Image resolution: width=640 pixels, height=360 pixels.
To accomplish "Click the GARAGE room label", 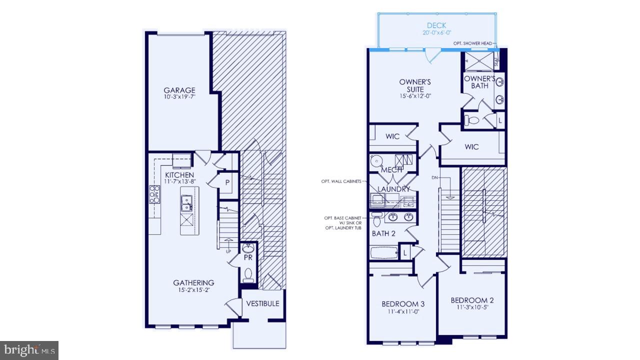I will pos(179,90).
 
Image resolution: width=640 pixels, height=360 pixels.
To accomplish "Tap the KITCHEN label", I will pos(179,175).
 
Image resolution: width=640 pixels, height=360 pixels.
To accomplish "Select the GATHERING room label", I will pos(193,282).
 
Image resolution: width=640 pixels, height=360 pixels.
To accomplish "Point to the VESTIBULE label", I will pos(262,303).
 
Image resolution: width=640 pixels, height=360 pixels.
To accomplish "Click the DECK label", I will pos(436,25).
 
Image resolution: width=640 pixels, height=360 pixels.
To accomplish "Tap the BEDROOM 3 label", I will pos(403,303).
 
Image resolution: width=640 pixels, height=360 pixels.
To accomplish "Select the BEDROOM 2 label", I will pos(472,300).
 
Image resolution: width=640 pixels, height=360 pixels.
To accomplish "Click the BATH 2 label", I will pos(383,233).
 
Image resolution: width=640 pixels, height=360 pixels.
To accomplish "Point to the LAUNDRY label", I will pos(393,189).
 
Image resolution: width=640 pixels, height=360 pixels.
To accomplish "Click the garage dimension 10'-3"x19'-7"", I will pos(179,97).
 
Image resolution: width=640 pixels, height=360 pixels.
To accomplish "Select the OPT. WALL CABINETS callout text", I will pos(342,181).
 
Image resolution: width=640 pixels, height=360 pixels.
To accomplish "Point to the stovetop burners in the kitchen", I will pos(154,194).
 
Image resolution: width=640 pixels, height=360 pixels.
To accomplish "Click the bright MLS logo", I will pos(28,349).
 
